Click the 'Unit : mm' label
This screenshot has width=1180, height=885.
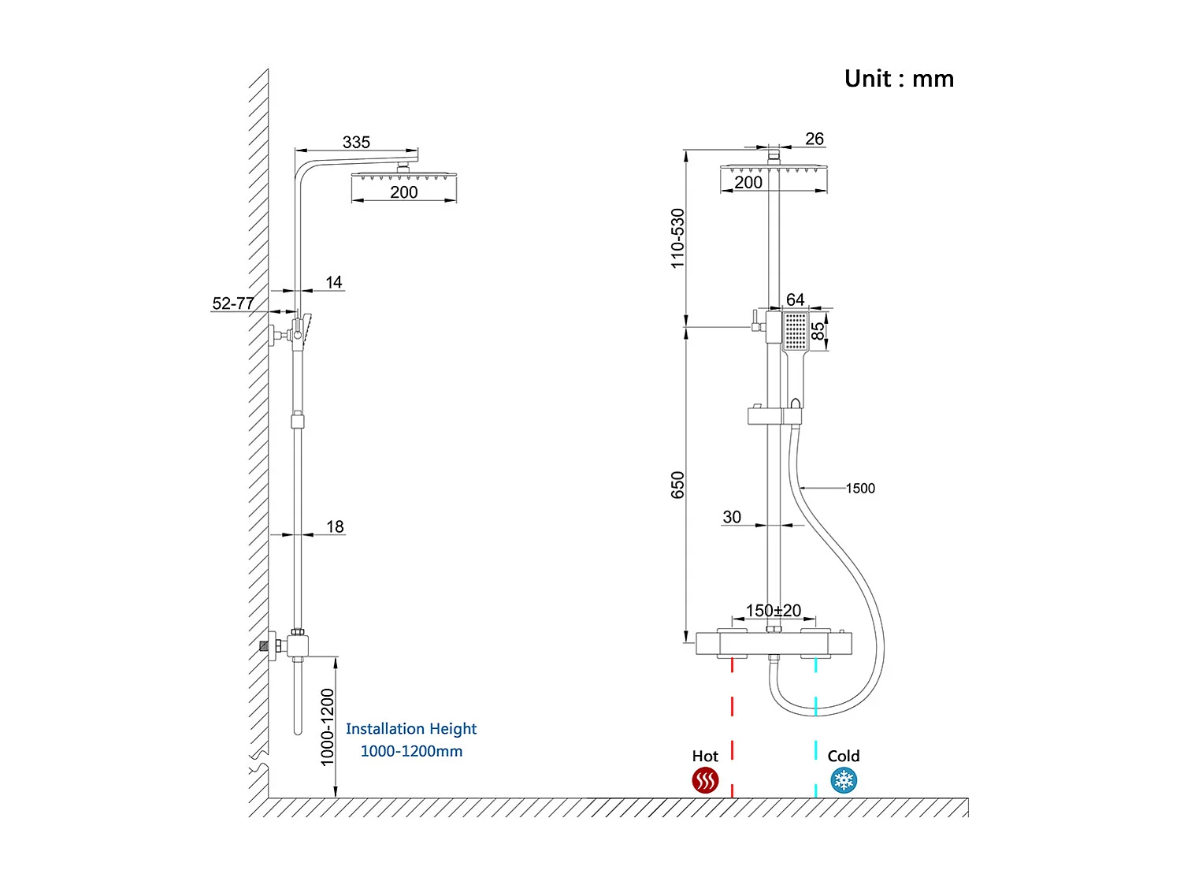click(x=899, y=79)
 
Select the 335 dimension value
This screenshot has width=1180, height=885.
click(x=356, y=142)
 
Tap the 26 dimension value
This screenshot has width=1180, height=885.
click(x=814, y=139)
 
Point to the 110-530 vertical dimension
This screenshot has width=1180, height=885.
click(x=677, y=238)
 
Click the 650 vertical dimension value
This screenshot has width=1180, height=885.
click(x=677, y=485)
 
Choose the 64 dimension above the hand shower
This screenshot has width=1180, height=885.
click(x=795, y=299)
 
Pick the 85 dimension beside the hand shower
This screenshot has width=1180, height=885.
click(x=818, y=330)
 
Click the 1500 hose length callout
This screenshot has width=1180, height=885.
click(x=860, y=489)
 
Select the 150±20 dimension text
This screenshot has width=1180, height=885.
click(x=773, y=610)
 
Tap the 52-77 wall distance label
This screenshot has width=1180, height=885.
click(x=233, y=303)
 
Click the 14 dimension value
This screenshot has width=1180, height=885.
click(x=334, y=282)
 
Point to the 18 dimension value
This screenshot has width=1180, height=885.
click(x=335, y=526)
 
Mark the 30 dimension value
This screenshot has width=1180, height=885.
click(x=732, y=517)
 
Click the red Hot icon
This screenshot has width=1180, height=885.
click(x=705, y=781)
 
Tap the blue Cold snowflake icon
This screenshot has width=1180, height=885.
click(x=844, y=781)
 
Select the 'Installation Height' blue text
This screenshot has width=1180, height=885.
click(x=411, y=729)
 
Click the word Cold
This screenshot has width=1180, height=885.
click(x=843, y=756)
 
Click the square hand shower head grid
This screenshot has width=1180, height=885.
click(x=796, y=329)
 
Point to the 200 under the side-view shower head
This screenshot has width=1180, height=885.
click(x=404, y=192)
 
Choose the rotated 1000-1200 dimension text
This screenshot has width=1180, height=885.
click(x=328, y=727)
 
